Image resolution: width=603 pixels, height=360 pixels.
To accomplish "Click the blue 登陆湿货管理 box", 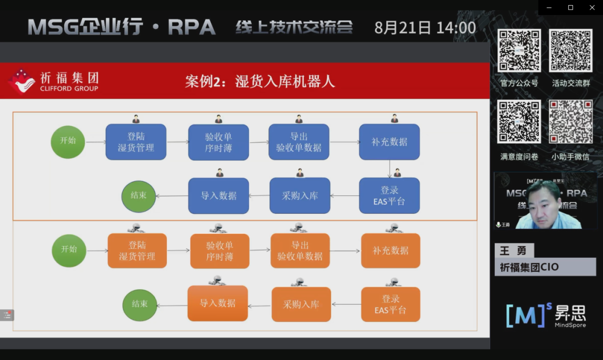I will pyautogui.click(x=136, y=142).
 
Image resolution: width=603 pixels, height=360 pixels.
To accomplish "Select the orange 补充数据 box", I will pyautogui.click(x=390, y=251).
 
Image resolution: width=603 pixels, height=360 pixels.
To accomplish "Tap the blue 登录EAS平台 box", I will pyautogui.click(x=389, y=195).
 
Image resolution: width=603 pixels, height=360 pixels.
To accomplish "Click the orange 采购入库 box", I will pyautogui.click(x=301, y=304).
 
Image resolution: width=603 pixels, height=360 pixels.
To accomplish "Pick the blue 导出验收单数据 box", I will pyautogui.click(x=299, y=142).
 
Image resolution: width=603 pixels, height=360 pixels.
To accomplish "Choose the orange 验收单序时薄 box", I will pyautogui.click(x=219, y=251).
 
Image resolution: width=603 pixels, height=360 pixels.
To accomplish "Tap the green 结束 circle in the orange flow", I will pyautogui.click(x=140, y=305).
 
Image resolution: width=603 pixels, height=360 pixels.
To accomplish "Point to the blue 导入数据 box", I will pyautogui.click(x=218, y=195).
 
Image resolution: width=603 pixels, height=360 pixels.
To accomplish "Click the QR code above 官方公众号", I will pyautogui.click(x=519, y=51).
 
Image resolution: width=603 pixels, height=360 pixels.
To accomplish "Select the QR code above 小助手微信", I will pyautogui.click(x=570, y=122).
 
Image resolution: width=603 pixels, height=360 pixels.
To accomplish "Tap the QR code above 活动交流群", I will pyautogui.click(x=570, y=51).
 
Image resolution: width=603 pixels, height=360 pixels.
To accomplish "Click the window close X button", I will pyautogui.click(x=592, y=7).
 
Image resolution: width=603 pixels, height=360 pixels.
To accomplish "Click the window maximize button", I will pyautogui.click(x=570, y=7).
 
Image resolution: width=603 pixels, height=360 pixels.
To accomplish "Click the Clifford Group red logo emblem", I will pyautogui.click(x=21, y=81).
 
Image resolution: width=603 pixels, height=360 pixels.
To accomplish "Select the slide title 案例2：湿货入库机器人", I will pyautogui.click(x=260, y=81).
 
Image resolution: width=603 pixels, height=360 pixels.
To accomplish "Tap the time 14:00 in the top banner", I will pyautogui.click(x=456, y=28).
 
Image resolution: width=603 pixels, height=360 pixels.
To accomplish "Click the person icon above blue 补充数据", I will pyautogui.click(x=394, y=118).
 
